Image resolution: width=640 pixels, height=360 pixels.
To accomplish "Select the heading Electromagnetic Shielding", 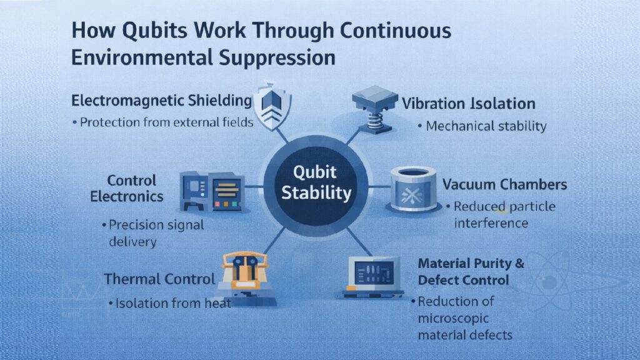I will click(x=161, y=101).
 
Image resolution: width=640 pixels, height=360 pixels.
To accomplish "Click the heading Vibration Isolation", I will click(x=468, y=103).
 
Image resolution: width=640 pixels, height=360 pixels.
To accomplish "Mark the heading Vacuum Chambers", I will click(x=504, y=184).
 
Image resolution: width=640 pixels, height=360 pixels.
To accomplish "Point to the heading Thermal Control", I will click(x=160, y=279).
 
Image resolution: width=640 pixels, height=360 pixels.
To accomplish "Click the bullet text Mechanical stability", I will click(x=486, y=126).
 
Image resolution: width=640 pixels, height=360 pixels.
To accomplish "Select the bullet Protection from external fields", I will click(x=166, y=122).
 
